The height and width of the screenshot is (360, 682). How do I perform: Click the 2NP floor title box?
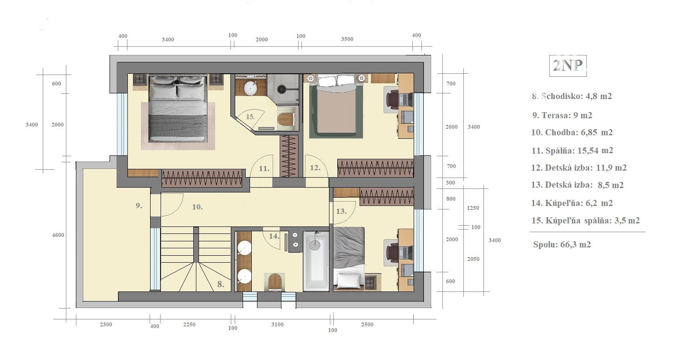[568, 65]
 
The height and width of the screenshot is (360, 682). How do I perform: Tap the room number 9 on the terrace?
[139, 206]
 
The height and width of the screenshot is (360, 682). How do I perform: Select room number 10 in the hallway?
[197, 207]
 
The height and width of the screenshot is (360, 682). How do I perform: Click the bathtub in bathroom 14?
[316, 261]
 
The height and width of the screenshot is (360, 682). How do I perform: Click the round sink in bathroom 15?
[250, 88]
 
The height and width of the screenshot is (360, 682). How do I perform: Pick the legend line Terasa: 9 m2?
[562, 116]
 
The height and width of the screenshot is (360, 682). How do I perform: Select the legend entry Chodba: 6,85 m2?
[572, 133]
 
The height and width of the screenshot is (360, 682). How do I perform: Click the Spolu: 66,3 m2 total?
[562, 244]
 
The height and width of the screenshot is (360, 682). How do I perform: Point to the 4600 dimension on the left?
[58, 235]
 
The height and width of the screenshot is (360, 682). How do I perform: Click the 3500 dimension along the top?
[347, 39]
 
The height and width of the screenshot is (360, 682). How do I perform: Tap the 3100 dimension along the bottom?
[278, 325]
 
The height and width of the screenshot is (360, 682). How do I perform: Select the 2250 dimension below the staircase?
[189, 325]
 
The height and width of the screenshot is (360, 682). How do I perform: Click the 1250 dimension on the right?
[473, 208]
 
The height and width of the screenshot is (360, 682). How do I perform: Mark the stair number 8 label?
[221, 285]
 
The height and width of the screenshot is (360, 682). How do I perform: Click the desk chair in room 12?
[392, 99]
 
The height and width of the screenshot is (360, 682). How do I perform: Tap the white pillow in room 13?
[348, 280]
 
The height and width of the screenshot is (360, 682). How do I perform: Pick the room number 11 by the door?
[264, 168]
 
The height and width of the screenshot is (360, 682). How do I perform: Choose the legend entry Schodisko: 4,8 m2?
[572, 96]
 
